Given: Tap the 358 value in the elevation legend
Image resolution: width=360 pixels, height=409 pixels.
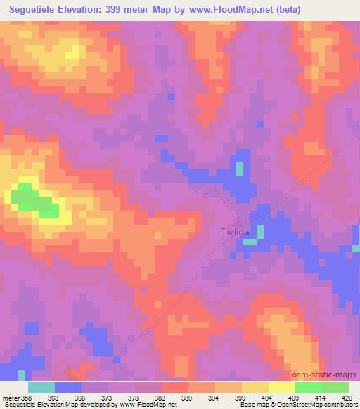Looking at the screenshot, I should tap(28, 397).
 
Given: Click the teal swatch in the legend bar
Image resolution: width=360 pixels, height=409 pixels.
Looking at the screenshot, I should tap(41, 387).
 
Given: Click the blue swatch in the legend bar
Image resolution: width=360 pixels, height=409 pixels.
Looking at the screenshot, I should tap(68, 387).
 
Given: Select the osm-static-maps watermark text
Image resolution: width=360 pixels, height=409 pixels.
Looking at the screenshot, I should tap(324, 376).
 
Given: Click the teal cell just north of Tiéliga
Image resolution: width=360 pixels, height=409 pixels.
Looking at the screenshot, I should tap(240, 169).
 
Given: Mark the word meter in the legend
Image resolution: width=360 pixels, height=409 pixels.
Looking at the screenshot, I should tap(11, 397).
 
